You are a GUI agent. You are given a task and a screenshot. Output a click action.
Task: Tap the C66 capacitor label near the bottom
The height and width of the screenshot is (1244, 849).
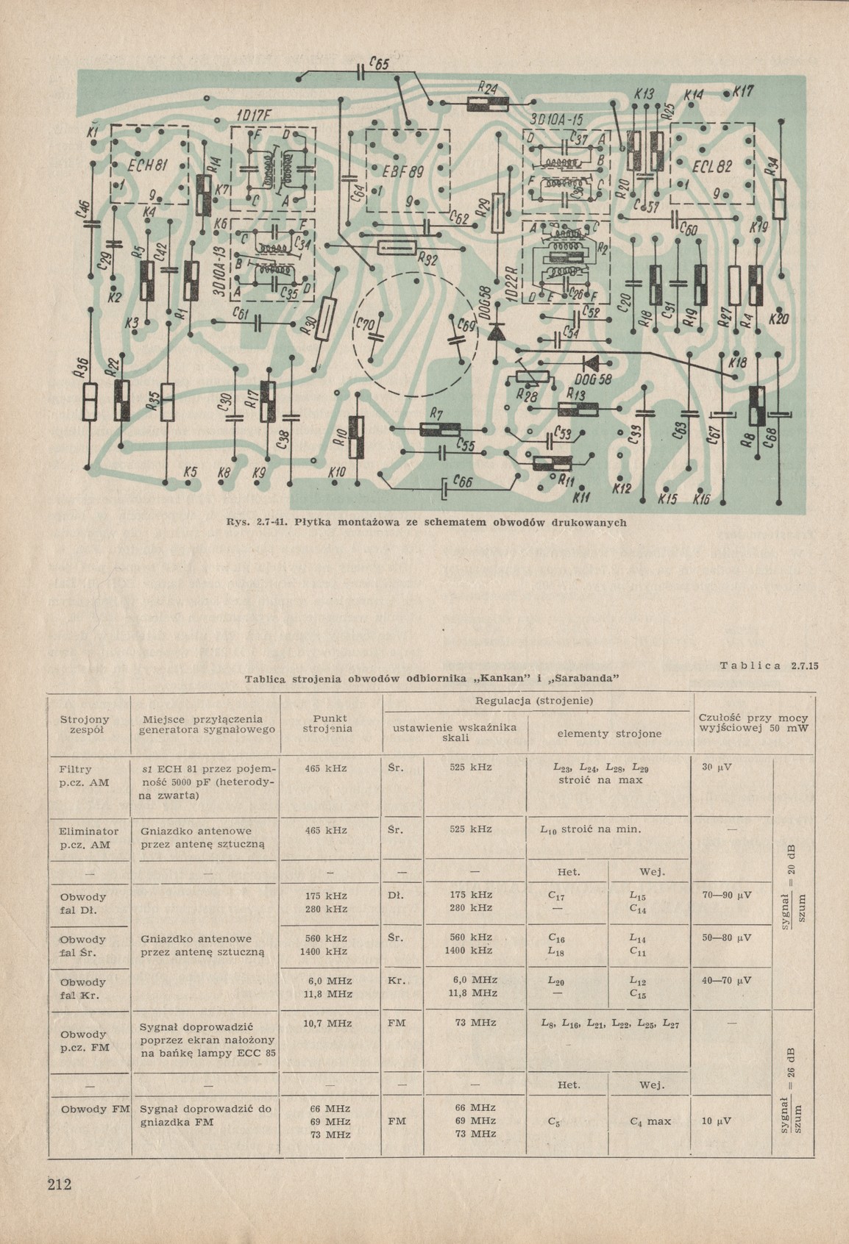463,482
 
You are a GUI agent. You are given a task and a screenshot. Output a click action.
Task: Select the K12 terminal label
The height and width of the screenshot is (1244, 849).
622,487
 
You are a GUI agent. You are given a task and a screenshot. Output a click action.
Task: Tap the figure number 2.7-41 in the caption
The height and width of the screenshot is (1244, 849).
271,523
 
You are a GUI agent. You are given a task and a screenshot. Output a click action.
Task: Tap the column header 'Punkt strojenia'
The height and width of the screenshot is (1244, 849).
328,723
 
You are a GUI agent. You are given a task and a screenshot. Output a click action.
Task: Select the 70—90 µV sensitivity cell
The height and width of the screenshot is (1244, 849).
726,896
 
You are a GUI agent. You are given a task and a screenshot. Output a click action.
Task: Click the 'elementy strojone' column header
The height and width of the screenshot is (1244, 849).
609,733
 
